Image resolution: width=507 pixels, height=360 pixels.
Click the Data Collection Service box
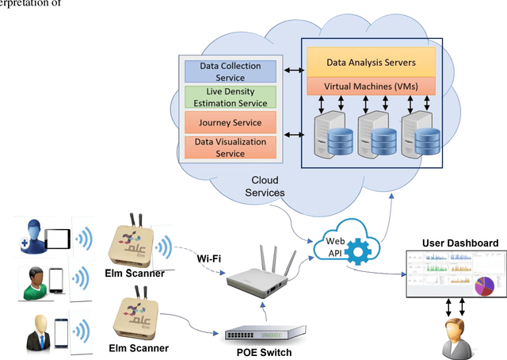pos(231,72)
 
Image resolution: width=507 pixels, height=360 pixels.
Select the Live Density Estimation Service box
pos(231,98)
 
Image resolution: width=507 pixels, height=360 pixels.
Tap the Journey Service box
pos(231,122)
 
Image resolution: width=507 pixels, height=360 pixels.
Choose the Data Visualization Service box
pos(231,147)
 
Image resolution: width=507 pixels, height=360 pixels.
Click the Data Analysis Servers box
pos(372,61)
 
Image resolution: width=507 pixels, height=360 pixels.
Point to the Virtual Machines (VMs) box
pos(372,86)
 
